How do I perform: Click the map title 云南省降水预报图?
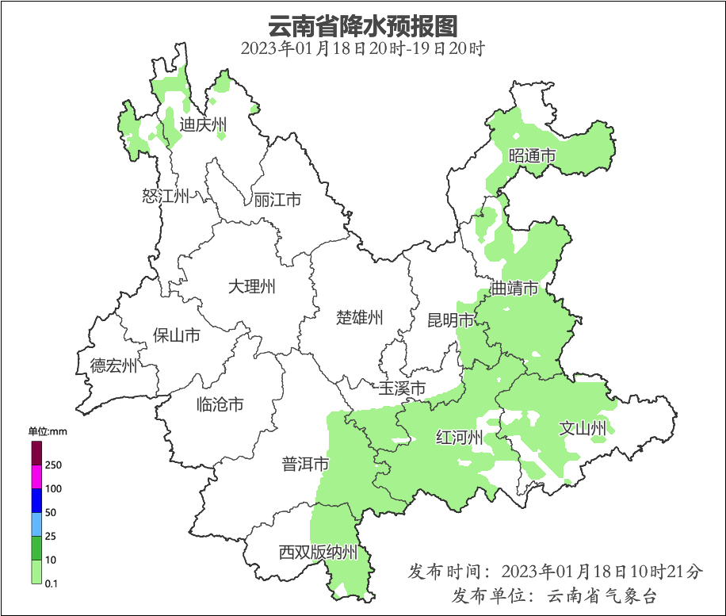[363, 25]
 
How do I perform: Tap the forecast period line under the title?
[363, 48]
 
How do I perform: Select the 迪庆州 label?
[203, 124]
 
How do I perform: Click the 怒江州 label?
[166, 196]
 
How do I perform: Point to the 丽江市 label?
[277, 200]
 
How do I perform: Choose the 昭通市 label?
[533, 156]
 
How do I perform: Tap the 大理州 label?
[251, 286]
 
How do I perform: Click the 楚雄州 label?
[360, 318]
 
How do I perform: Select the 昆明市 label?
[450, 320]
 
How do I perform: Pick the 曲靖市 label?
[514, 288]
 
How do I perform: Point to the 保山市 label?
[176, 335]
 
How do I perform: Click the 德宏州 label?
[113, 365]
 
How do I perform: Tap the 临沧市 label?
[220, 405]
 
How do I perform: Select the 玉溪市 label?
[402, 388]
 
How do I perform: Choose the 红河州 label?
[460, 438]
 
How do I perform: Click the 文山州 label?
[583, 429]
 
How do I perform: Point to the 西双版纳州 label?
[319, 553]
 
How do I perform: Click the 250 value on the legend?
[54, 465]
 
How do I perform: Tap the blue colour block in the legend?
[36, 500]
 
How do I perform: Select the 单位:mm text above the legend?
[48, 431]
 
